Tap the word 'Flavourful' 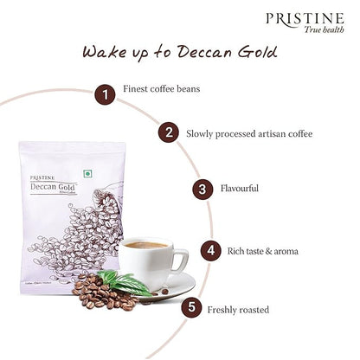241,188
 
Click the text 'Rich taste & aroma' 260,251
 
